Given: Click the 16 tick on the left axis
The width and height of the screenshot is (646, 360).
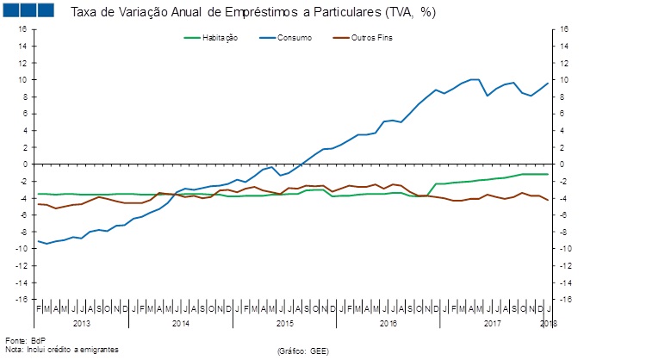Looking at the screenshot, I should pos(23,28).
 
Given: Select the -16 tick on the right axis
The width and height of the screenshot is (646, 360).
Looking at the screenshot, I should pos(565,299).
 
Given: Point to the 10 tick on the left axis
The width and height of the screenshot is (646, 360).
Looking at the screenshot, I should pos(23,79).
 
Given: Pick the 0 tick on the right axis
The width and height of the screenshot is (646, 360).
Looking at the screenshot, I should pos(562,164).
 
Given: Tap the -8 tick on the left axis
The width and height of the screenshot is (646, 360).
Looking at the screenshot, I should pos(23,232).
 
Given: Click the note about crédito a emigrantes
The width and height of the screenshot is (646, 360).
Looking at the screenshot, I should pos(61,349).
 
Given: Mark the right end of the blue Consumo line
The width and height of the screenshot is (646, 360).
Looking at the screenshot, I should pos(549,83).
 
